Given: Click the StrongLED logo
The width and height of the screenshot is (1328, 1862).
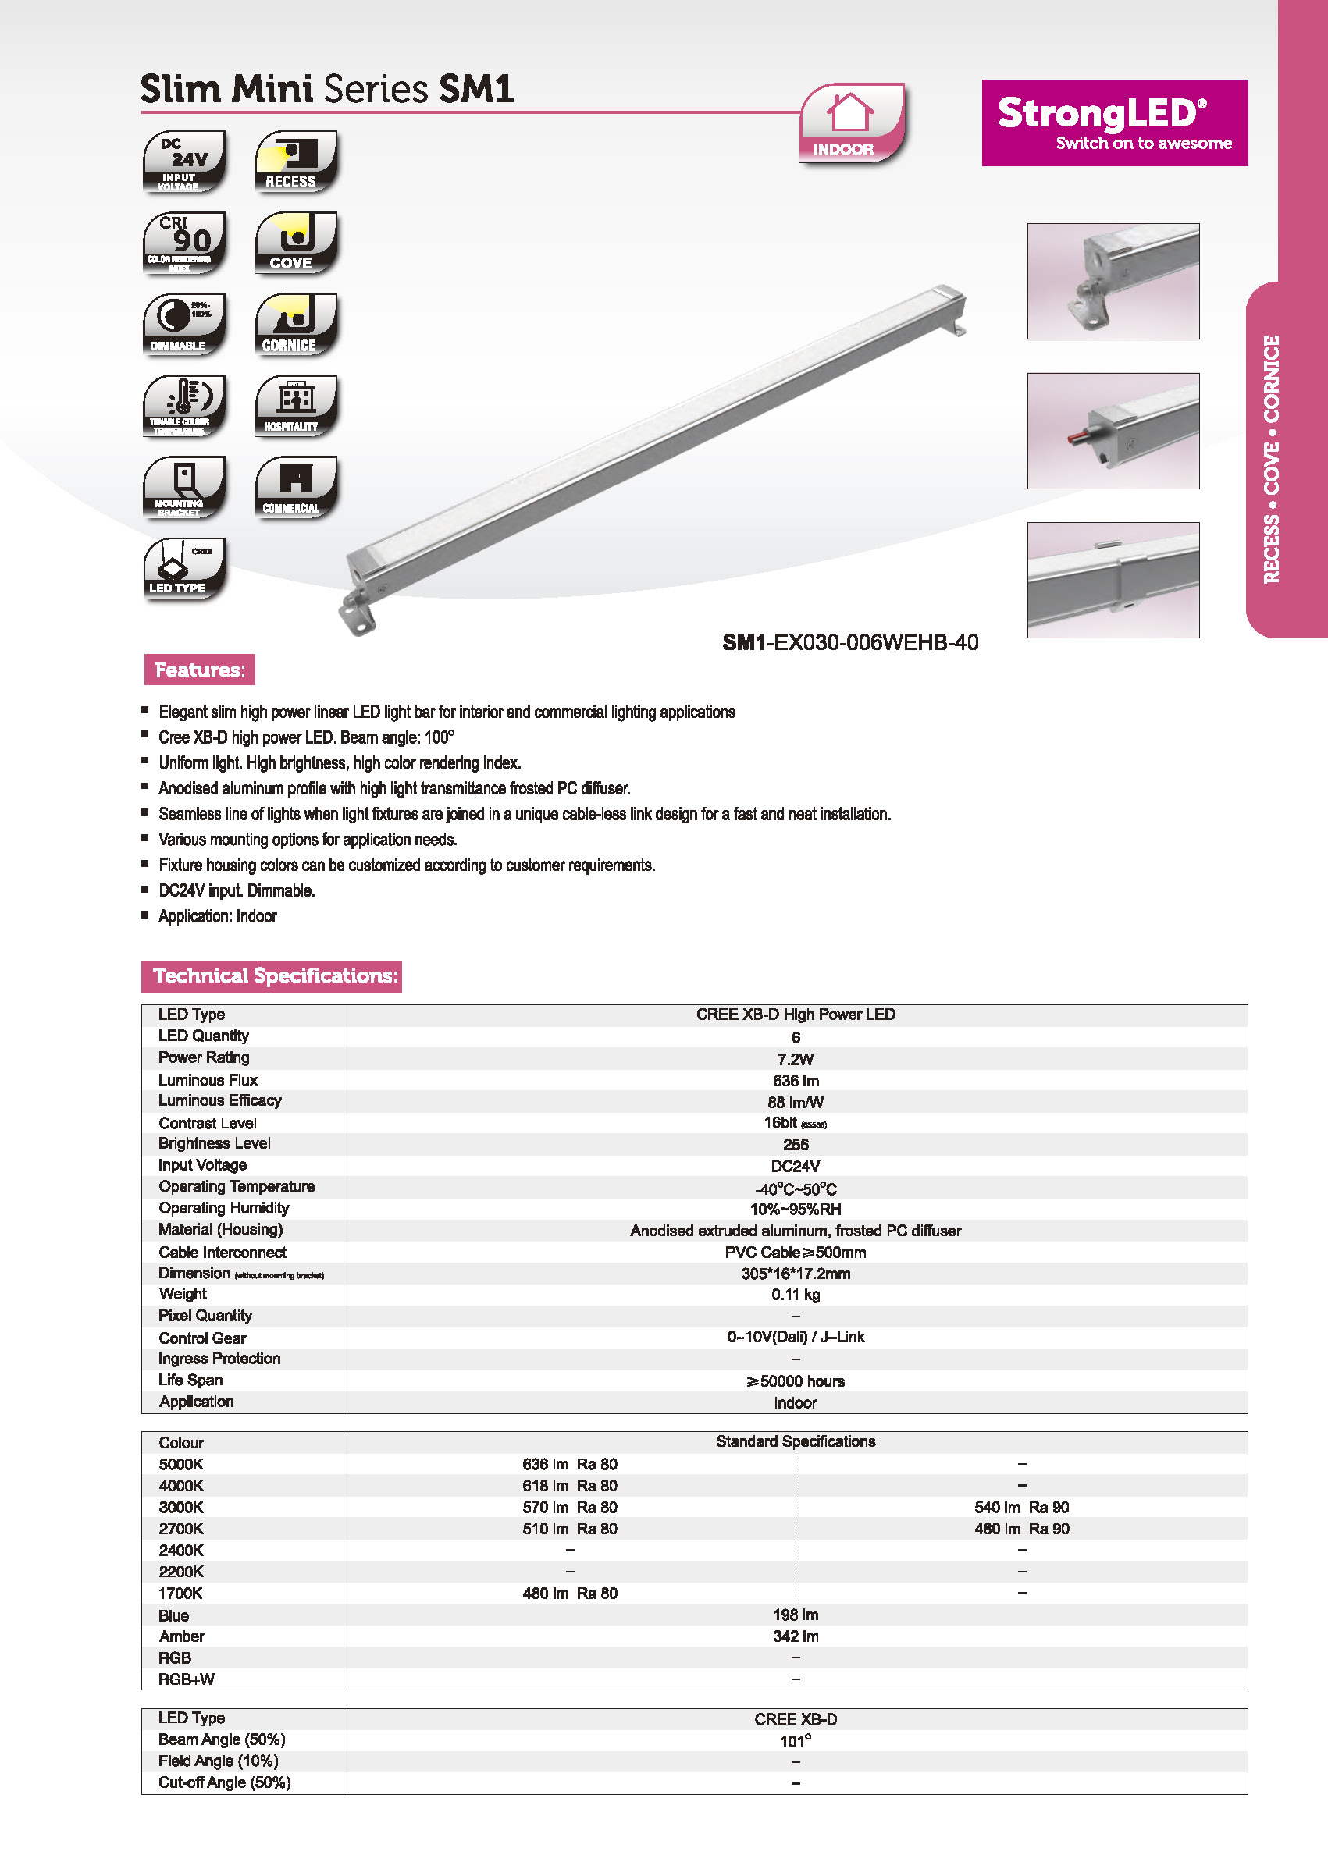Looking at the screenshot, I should click(1114, 123).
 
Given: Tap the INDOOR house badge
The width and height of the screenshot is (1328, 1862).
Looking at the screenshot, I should click(850, 123).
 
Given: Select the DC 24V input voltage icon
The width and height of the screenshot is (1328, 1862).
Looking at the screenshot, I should click(184, 161).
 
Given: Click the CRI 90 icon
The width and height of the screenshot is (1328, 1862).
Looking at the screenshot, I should click(184, 243).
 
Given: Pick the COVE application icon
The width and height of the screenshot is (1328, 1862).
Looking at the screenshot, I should click(295, 243).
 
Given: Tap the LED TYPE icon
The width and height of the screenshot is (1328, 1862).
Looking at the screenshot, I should click(184, 568).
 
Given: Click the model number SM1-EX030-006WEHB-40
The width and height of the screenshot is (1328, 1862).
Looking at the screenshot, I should click(849, 642).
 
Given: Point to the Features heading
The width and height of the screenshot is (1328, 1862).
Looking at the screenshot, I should click(200, 670).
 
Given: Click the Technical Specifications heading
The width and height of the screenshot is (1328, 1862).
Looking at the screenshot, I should click(272, 976).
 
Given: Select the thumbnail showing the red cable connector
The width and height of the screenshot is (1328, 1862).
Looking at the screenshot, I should click(1113, 431).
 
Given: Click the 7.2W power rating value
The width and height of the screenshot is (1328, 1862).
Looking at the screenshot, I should click(795, 1059).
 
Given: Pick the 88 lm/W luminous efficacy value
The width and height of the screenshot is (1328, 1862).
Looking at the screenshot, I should click(795, 1102).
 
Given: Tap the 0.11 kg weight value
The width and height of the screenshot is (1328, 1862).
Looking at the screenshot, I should click(795, 1295).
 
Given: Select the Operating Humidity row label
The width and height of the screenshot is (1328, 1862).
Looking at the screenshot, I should click(223, 1208).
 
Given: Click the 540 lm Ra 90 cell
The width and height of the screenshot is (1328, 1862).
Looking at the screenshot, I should click(1021, 1507).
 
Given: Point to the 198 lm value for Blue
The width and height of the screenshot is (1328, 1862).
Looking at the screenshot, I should click(795, 1615).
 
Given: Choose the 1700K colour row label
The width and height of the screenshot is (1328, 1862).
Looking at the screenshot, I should click(180, 1593).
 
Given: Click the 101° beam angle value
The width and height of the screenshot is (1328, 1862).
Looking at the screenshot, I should click(795, 1741).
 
